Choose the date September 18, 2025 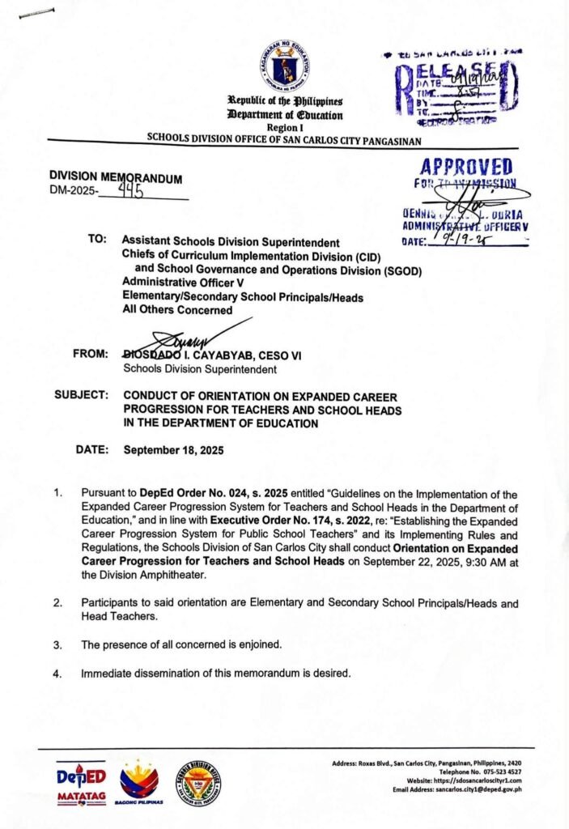(173, 449)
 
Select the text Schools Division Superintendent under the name (199, 369)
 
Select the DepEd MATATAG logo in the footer (81, 781)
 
